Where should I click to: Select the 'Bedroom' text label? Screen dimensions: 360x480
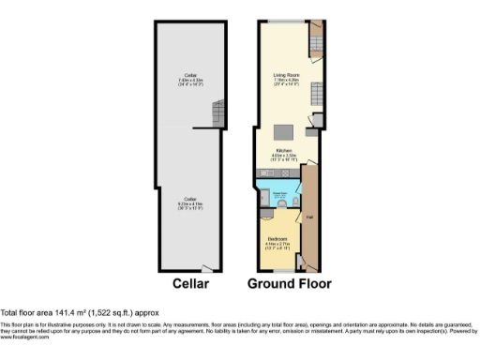coord(277,238)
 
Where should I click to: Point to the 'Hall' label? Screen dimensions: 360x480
coord(309,218)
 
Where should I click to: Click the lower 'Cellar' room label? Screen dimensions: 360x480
coord(190,200)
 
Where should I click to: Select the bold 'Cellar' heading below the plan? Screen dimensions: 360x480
coord(190,283)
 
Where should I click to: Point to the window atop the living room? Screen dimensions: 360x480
coord(284,21)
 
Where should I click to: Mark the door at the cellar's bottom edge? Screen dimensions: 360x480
coord(218,268)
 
